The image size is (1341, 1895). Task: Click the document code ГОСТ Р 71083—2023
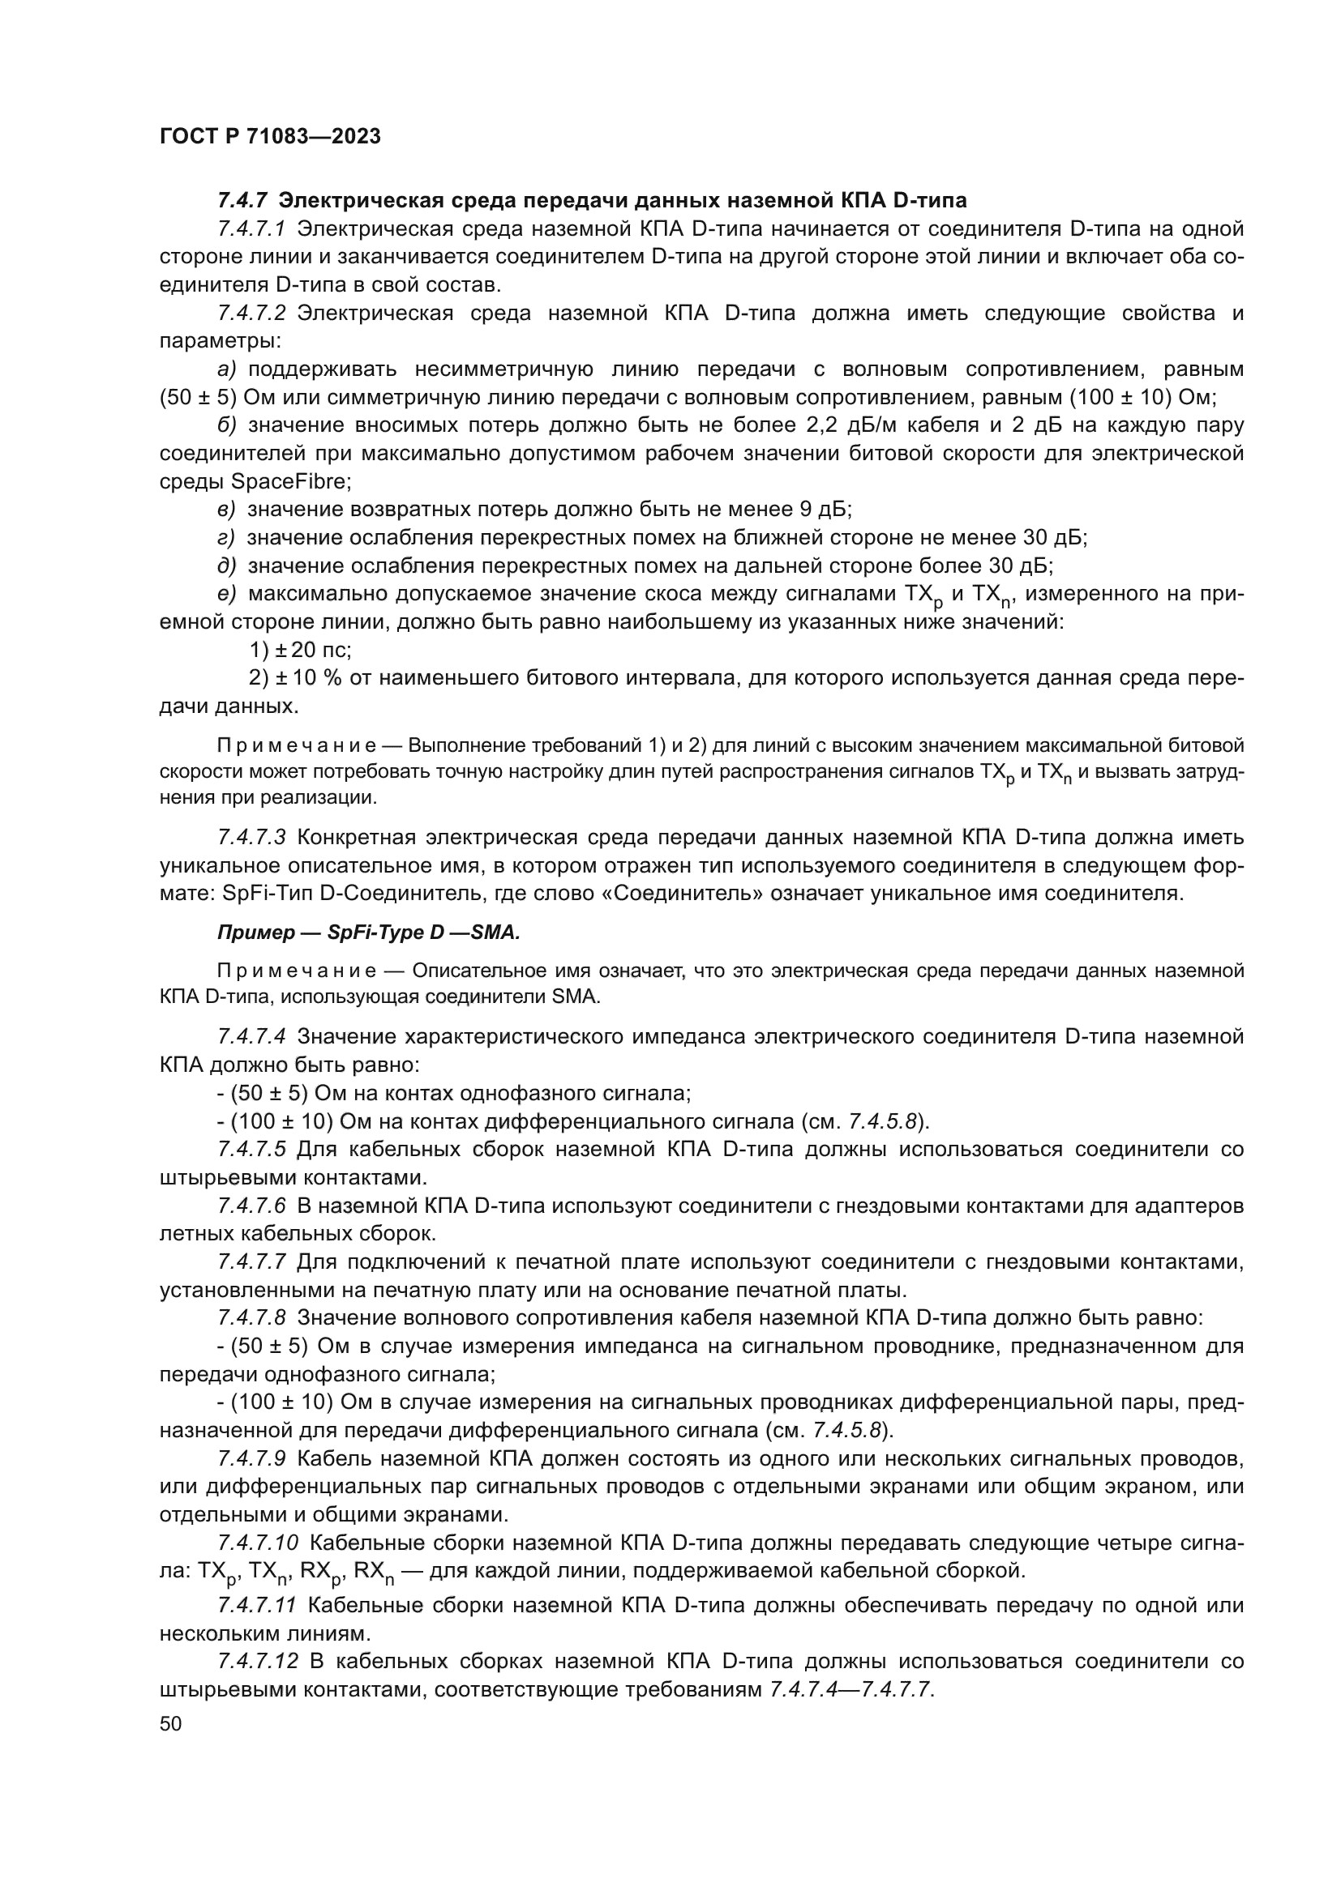pyautogui.click(x=270, y=136)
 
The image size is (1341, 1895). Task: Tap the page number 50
pyautogui.click(x=170, y=1723)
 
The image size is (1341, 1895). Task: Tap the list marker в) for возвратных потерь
pyautogui.click(x=227, y=510)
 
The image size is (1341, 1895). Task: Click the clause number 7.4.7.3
pyautogui.click(x=251, y=837)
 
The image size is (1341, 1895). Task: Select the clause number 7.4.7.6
pyautogui.click(x=251, y=1206)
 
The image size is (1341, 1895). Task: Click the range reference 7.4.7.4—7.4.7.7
pyautogui.click(x=850, y=1689)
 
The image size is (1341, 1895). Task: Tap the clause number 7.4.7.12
pyautogui.click(x=257, y=1662)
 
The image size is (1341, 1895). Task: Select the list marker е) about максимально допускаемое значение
pyautogui.click(x=227, y=593)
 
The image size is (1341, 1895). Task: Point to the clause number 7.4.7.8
pyautogui.click(x=251, y=1318)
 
